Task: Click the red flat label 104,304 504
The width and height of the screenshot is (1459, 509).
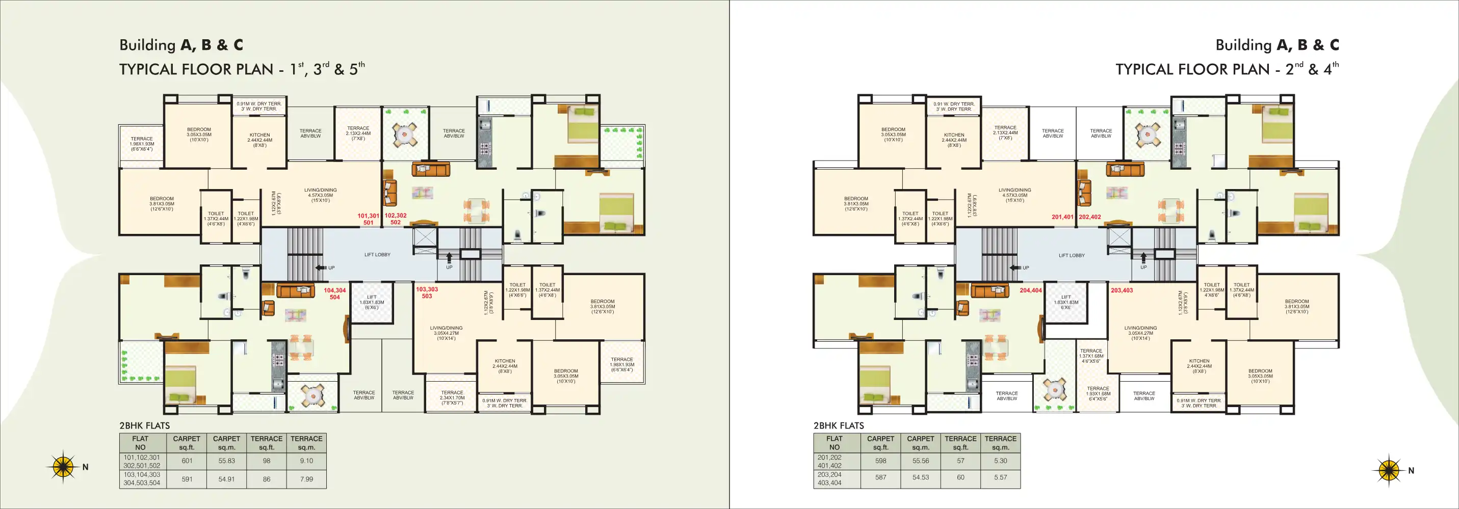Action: pyautogui.click(x=335, y=293)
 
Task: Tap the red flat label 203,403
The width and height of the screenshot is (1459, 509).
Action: pyautogui.click(x=1122, y=290)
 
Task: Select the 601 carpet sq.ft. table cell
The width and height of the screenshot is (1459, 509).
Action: pyautogui.click(x=187, y=461)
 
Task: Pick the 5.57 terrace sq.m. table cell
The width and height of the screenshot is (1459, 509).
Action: pyautogui.click(x=1000, y=477)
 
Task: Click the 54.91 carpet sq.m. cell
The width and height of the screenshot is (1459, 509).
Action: pyautogui.click(x=226, y=479)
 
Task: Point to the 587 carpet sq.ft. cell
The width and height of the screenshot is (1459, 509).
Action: pyautogui.click(x=880, y=477)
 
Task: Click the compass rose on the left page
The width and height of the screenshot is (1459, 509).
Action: pyautogui.click(x=63, y=467)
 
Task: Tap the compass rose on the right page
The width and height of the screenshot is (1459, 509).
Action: pyautogui.click(x=1388, y=470)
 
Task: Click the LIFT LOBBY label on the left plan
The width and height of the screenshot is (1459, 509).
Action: pyautogui.click(x=377, y=255)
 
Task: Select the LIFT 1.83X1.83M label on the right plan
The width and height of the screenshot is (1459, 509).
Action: pyautogui.click(x=1066, y=302)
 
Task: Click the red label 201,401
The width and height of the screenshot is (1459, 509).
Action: pyautogui.click(x=1062, y=217)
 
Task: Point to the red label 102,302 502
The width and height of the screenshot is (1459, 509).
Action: pyautogui.click(x=395, y=219)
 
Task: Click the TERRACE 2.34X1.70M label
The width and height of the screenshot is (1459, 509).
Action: pyautogui.click(x=452, y=397)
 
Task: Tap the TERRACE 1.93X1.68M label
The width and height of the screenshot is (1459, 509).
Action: pyautogui.click(x=1098, y=393)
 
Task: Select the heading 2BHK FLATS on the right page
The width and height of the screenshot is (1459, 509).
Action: pyautogui.click(x=839, y=426)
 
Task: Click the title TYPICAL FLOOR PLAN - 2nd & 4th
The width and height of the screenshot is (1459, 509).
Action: pyautogui.click(x=1227, y=69)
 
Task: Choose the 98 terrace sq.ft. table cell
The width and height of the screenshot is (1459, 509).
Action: pyautogui.click(x=266, y=461)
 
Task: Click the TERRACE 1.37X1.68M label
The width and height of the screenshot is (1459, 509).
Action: pyautogui.click(x=1091, y=356)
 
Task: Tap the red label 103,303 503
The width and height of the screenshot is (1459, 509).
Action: pyautogui.click(x=427, y=292)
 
